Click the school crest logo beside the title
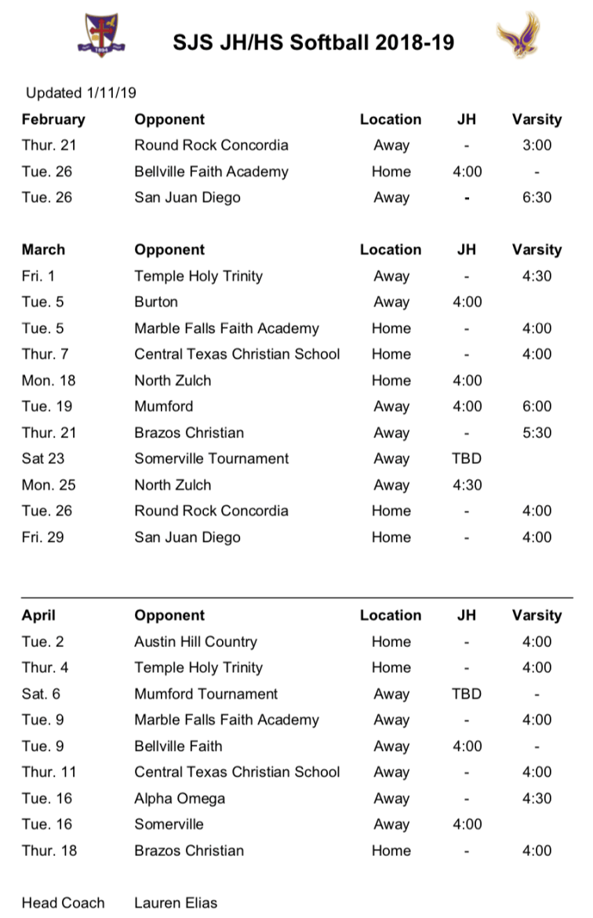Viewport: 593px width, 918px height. [100, 35]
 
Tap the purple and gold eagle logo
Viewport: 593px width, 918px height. [519, 35]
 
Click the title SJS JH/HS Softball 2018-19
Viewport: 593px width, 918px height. [314, 42]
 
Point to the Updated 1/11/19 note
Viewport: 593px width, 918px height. [81, 93]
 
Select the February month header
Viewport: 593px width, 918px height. [53, 119]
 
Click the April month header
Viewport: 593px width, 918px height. [38, 616]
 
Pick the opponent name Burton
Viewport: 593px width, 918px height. [156, 302]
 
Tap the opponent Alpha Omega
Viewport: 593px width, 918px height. [180, 799]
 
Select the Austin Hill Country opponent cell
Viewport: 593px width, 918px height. [195, 642]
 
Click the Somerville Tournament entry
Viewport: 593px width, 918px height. [212, 459]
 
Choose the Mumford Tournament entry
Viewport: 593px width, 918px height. [206, 694]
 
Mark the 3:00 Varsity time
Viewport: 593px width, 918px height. [537, 145]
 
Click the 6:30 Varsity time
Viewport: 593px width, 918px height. [537, 198]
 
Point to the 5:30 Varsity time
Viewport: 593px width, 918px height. [537, 433]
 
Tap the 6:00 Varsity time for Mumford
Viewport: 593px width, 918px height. [537, 407]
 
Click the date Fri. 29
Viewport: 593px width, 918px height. [44, 537]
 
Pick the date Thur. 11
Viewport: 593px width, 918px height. [49, 772]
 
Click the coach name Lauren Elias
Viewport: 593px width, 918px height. [176, 903]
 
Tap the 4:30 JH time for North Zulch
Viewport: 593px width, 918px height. [467, 485]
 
